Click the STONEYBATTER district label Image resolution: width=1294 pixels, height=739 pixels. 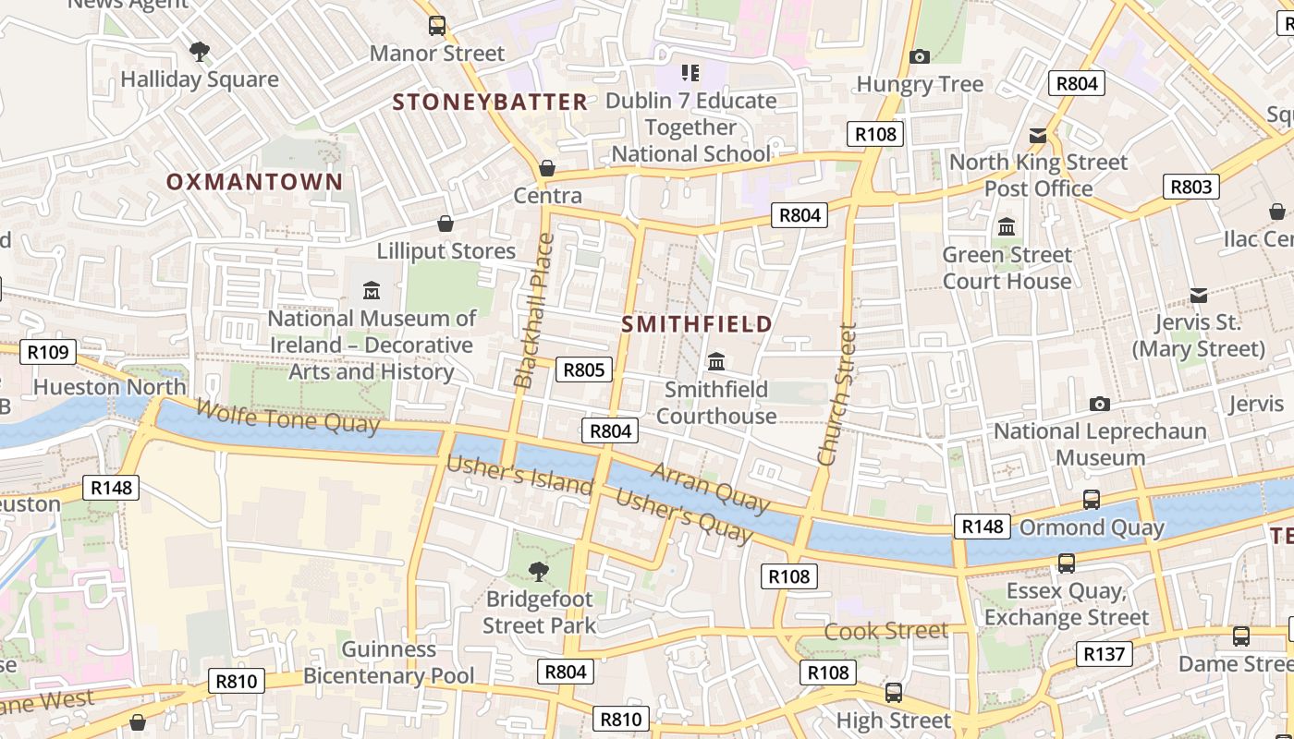coord(490,102)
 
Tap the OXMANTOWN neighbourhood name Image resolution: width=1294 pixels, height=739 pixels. coord(254,181)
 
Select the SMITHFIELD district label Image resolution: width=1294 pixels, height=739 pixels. coord(697,324)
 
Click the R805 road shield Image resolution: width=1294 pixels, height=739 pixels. coord(584,370)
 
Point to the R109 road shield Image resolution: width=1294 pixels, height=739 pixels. coord(48,352)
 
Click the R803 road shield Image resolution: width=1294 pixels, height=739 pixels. coord(1190,187)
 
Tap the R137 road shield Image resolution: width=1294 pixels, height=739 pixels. coord(1104,654)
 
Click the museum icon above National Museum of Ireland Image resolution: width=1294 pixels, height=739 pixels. coord(372,291)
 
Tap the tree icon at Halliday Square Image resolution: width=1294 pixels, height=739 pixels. coord(199,51)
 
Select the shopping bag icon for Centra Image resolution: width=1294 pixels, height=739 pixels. coord(547,168)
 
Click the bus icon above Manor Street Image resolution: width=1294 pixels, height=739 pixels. coord(437,26)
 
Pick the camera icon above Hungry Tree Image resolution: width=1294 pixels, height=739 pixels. coord(919,57)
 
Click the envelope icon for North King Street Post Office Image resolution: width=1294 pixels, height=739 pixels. coord(1038,136)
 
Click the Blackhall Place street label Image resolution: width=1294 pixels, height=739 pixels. coord(535,310)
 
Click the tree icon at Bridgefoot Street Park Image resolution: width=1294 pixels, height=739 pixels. coord(538,571)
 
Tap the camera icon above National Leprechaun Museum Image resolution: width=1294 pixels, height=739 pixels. coord(1099,405)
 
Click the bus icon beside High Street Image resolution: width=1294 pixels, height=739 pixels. coord(893,693)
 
